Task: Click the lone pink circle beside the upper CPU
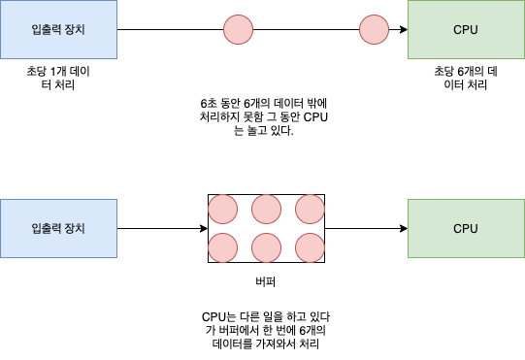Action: click(x=374, y=30)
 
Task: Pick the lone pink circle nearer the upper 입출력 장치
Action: click(x=238, y=30)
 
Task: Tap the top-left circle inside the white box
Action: click(x=223, y=209)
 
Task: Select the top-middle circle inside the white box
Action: click(x=266, y=209)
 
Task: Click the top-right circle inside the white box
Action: click(x=310, y=209)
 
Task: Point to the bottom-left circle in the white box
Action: click(x=223, y=247)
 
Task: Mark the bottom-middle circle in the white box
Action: click(x=266, y=247)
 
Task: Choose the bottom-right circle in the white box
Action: click(x=310, y=247)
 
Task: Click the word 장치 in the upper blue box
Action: click(x=74, y=30)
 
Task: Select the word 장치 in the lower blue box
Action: click(x=74, y=229)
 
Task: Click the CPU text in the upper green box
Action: click(x=466, y=30)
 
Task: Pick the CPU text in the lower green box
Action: click(x=466, y=229)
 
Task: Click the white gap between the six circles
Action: click(x=245, y=228)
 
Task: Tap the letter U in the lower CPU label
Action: click(x=474, y=229)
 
